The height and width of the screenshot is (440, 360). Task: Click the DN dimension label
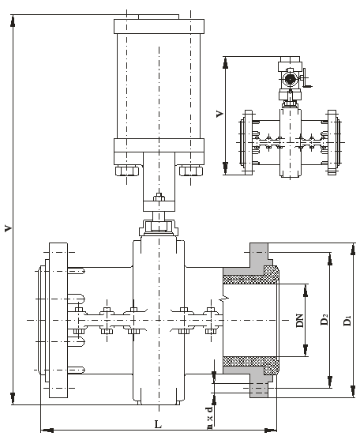pos(300,321)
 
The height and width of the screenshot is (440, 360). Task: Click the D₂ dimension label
pos(324,320)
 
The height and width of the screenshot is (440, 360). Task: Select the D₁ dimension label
pos(347,321)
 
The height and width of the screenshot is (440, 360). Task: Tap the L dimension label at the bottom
pos(159,424)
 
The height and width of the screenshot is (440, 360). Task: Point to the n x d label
pos(210,418)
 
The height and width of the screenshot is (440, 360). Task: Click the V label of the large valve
pos(9,228)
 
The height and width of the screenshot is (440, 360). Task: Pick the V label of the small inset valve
pos(219,114)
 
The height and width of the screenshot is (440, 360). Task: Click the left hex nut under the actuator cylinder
pos(127,171)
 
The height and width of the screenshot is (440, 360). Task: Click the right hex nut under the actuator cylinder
pos(190,171)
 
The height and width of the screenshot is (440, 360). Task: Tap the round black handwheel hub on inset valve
pos(289,80)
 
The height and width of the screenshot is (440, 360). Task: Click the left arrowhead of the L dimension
pos(47,430)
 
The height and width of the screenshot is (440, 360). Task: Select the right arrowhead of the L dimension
pos(271,430)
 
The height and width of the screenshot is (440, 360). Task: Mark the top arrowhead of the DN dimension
pos(306,290)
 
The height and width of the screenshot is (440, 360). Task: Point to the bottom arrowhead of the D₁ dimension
pos(353,391)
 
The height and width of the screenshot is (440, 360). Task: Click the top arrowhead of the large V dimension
pos(13,21)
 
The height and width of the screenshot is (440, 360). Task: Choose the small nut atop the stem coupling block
pos(159,197)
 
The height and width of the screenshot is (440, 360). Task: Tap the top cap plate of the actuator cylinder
pos(159,26)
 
